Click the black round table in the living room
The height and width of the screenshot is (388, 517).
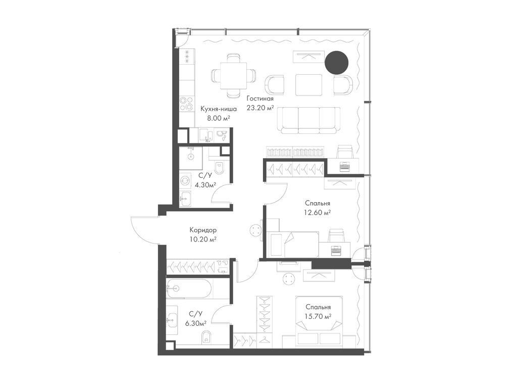click(x=336, y=63)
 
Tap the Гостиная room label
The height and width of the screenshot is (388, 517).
click(x=260, y=99)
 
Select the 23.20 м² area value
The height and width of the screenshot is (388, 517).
click(x=261, y=108)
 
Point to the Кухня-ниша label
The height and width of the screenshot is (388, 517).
click(x=218, y=109)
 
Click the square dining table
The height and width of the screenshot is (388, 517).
click(x=234, y=76)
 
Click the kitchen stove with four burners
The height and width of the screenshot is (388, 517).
click(x=187, y=104)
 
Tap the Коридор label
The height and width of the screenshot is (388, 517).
click(x=203, y=230)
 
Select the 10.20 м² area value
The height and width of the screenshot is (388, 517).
click(x=203, y=239)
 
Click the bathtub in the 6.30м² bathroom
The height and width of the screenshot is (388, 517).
click(x=189, y=288)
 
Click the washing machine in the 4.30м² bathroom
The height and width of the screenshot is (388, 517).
click(x=185, y=181)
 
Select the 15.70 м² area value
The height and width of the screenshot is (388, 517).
click(x=318, y=316)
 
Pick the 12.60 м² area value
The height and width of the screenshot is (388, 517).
click(x=317, y=213)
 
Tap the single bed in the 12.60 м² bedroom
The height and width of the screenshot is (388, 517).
click(x=293, y=244)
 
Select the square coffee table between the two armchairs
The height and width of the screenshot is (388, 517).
click(x=308, y=84)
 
